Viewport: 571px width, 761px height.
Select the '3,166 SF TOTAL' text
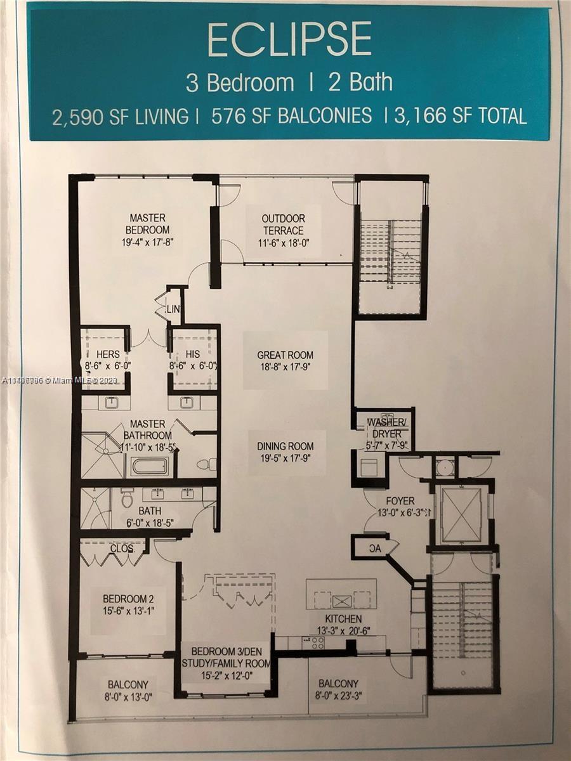click(x=460, y=116)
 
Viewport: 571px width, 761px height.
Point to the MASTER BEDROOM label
click(x=147, y=223)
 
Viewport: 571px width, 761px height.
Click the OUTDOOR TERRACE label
click(x=282, y=224)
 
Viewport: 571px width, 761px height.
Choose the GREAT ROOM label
click(x=285, y=355)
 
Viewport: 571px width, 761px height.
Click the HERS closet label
click(x=108, y=355)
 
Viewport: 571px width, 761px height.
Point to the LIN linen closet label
click(x=173, y=309)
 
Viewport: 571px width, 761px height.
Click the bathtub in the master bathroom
click(x=150, y=467)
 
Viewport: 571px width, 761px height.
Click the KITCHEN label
click(x=343, y=618)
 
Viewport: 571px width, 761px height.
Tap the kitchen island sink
click(x=343, y=600)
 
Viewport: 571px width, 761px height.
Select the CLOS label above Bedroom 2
click(x=121, y=548)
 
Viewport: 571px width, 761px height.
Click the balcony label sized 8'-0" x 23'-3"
click(x=338, y=684)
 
